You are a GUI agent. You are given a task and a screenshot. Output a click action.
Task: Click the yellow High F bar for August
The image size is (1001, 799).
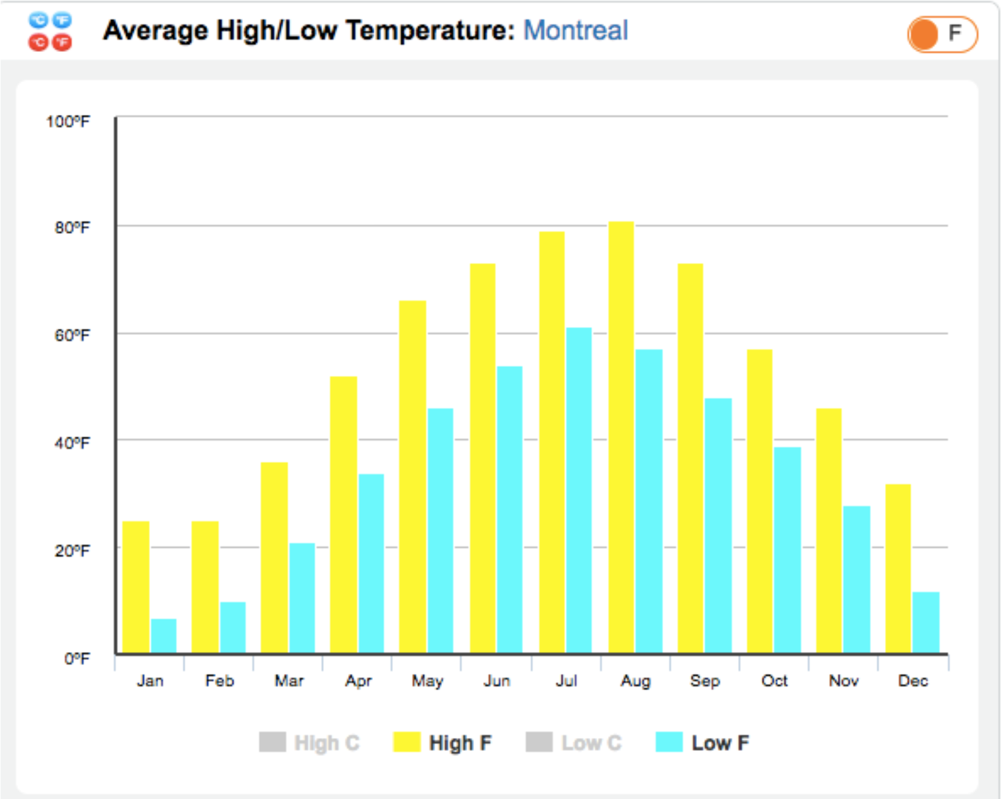point(621,438)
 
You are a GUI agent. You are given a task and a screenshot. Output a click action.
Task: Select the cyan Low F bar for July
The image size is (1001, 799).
point(579,490)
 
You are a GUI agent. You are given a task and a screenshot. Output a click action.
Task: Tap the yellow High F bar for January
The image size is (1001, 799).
point(135,587)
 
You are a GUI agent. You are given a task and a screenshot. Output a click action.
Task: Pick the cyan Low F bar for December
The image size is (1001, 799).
point(926,623)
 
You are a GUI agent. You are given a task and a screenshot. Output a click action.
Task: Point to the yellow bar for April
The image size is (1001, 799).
point(343,515)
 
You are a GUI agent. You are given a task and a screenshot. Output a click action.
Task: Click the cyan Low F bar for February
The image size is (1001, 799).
point(233,628)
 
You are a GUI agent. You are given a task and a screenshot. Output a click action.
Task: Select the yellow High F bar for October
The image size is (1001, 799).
point(760,502)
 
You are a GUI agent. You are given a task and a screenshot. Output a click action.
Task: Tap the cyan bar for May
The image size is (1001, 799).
point(441,531)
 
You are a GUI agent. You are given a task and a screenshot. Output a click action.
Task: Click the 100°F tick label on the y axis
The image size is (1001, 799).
point(68,121)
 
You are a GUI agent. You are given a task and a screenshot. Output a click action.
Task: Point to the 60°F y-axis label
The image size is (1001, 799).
point(72,335)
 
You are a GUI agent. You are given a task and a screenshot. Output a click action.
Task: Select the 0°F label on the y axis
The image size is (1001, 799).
point(77,658)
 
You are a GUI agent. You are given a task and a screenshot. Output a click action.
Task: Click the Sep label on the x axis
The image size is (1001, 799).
point(705,681)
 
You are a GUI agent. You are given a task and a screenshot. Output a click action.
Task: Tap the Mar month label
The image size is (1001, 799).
point(289,681)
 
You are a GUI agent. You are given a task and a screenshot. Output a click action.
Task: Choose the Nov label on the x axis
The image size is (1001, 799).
point(844,681)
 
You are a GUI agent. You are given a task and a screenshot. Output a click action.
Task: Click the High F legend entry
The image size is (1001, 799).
point(442,743)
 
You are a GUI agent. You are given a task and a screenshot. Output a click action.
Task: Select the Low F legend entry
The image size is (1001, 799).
point(702,743)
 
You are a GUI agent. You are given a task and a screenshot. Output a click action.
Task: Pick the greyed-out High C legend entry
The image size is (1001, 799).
point(309,743)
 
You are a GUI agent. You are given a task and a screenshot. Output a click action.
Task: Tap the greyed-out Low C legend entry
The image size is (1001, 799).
point(574,743)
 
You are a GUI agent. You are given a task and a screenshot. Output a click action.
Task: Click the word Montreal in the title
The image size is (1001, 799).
point(575,30)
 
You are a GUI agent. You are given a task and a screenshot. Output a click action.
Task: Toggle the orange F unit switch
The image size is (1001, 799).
point(942,34)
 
